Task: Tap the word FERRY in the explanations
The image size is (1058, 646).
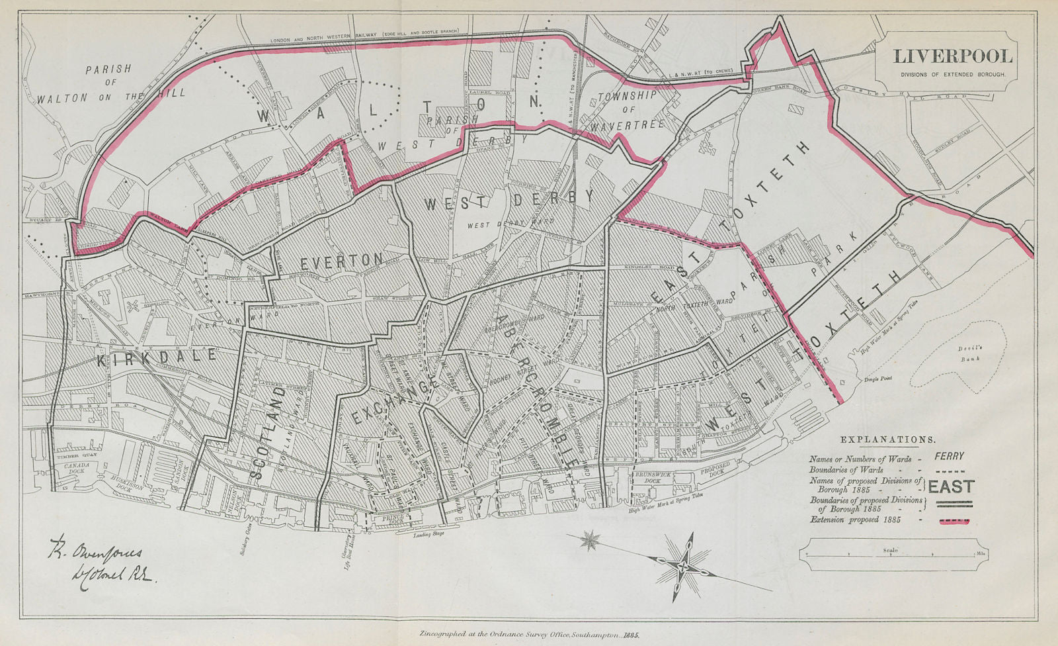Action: click(x=950, y=456)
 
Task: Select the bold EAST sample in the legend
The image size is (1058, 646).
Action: click(x=951, y=487)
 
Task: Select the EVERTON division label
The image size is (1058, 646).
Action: click(x=342, y=261)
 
